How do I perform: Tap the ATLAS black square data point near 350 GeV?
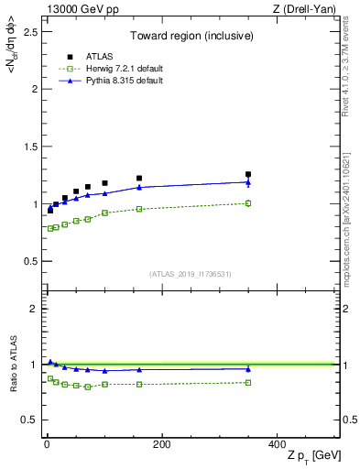(x=247, y=174)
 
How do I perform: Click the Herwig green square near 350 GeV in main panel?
(x=247, y=203)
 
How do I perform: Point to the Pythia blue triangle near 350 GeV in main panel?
(x=247, y=182)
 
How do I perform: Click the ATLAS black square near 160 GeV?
(x=139, y=179)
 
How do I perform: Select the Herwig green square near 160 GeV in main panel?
(x=139, y=209)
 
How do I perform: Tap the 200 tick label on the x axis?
(x=161, y=445)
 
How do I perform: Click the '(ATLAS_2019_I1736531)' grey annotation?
(x=191, y=274)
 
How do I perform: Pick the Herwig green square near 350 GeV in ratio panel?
(x=247, y=382)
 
